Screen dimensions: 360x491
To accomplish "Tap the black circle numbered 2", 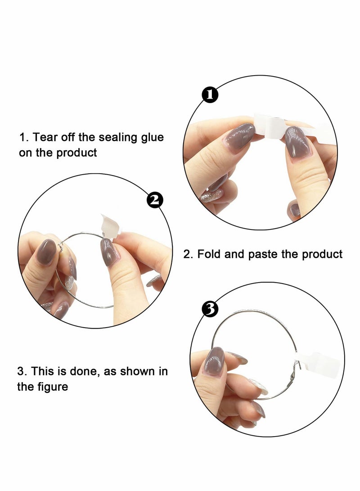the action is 155,199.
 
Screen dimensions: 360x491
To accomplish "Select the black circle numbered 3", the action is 210,309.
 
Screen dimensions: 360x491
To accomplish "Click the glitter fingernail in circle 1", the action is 210,196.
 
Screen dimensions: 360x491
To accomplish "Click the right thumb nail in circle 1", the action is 296,142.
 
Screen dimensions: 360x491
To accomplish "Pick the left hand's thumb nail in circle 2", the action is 45,252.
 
